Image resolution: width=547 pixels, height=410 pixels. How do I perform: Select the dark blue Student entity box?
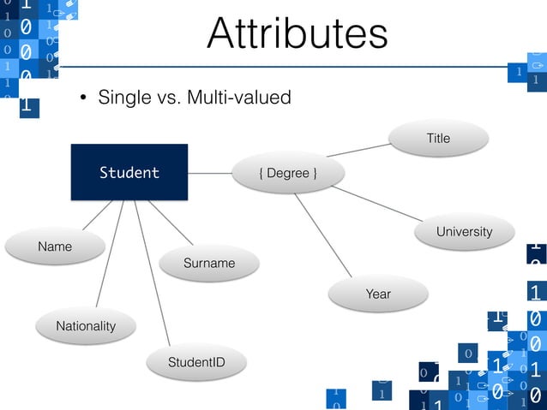tap(129, 172)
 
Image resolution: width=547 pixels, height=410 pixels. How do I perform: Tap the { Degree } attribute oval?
tap(288, 174)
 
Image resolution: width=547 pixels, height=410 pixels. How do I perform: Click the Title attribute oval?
tap(438, 138)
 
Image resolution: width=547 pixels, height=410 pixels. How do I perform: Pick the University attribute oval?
tap(464, 232)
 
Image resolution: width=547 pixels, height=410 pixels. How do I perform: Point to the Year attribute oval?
tap(377, 294)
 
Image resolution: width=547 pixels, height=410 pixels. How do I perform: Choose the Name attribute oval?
tap(55, 247)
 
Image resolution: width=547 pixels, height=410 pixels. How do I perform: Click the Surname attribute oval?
tap(208, 263)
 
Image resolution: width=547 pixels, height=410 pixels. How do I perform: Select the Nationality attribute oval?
tap(85, 326)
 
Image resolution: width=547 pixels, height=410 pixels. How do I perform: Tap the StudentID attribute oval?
tap(196, 363)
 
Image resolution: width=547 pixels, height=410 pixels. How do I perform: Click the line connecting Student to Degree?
tap(210, 173)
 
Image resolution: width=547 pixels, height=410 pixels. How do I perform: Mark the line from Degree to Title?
tap(358, 150)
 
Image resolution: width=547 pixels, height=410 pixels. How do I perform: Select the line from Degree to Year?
tap(323, 235)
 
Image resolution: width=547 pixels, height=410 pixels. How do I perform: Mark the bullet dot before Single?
tap(85, 98)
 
